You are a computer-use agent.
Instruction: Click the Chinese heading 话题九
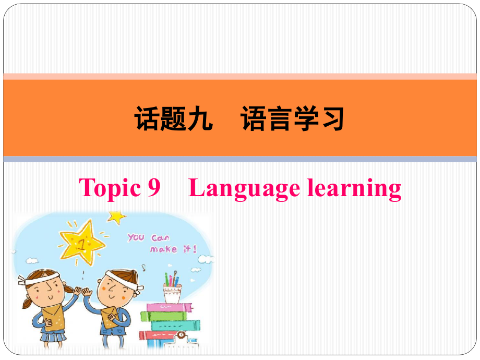174,119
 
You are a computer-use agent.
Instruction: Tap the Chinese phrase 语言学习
293,119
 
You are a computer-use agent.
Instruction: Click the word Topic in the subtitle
110,188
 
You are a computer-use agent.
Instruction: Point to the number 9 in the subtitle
154,187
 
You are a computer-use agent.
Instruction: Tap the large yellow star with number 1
82,243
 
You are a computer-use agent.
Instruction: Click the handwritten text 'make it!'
173,249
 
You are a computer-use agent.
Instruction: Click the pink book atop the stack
169,307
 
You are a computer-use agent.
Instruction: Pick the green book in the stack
163,316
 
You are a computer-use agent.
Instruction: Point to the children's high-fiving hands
82,291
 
